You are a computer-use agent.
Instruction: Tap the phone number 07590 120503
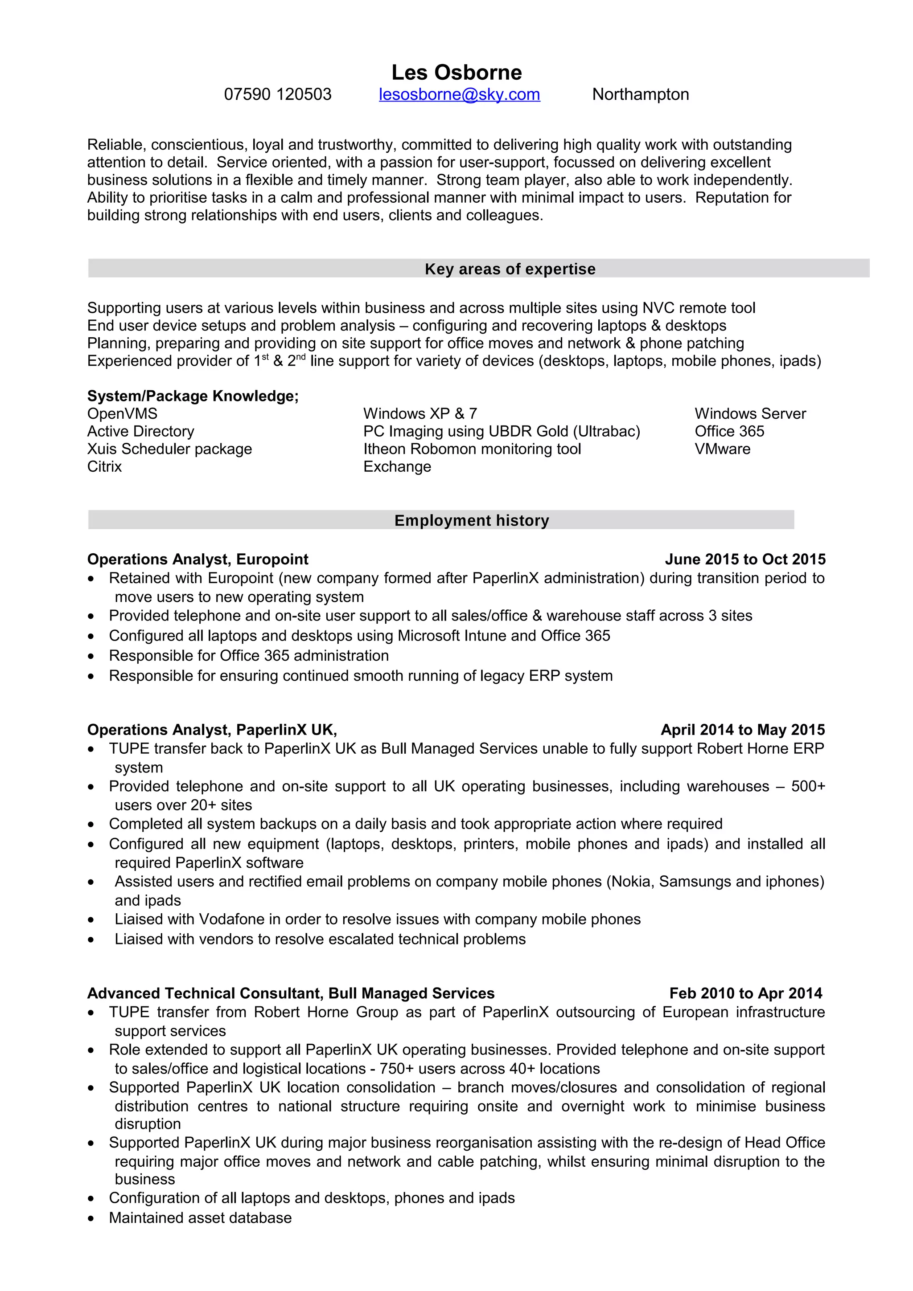[x=277, y=94]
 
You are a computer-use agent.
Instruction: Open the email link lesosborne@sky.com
[x=459, y=94]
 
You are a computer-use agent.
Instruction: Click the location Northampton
[x=640, y=94]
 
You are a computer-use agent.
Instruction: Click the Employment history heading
[x=471, y=520]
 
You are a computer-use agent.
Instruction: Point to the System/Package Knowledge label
[x=193, y=396]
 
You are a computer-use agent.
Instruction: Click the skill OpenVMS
[x=122, y=414]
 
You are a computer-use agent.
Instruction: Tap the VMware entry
[x=722, y=449]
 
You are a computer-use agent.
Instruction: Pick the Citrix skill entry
[x=105, y=467]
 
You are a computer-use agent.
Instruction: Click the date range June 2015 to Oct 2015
[x=745, y=559]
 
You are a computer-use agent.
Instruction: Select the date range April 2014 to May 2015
[x=743, y=729]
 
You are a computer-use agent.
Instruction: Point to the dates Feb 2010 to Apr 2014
[x=745, y=993]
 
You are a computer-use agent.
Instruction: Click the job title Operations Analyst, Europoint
[x=197, y=559]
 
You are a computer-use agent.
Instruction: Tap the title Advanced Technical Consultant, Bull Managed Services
[x=290, y=993]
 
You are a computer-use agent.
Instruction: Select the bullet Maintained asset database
[x=200, y=1218]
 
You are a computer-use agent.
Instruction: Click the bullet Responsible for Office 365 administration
[x=249, y=656]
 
